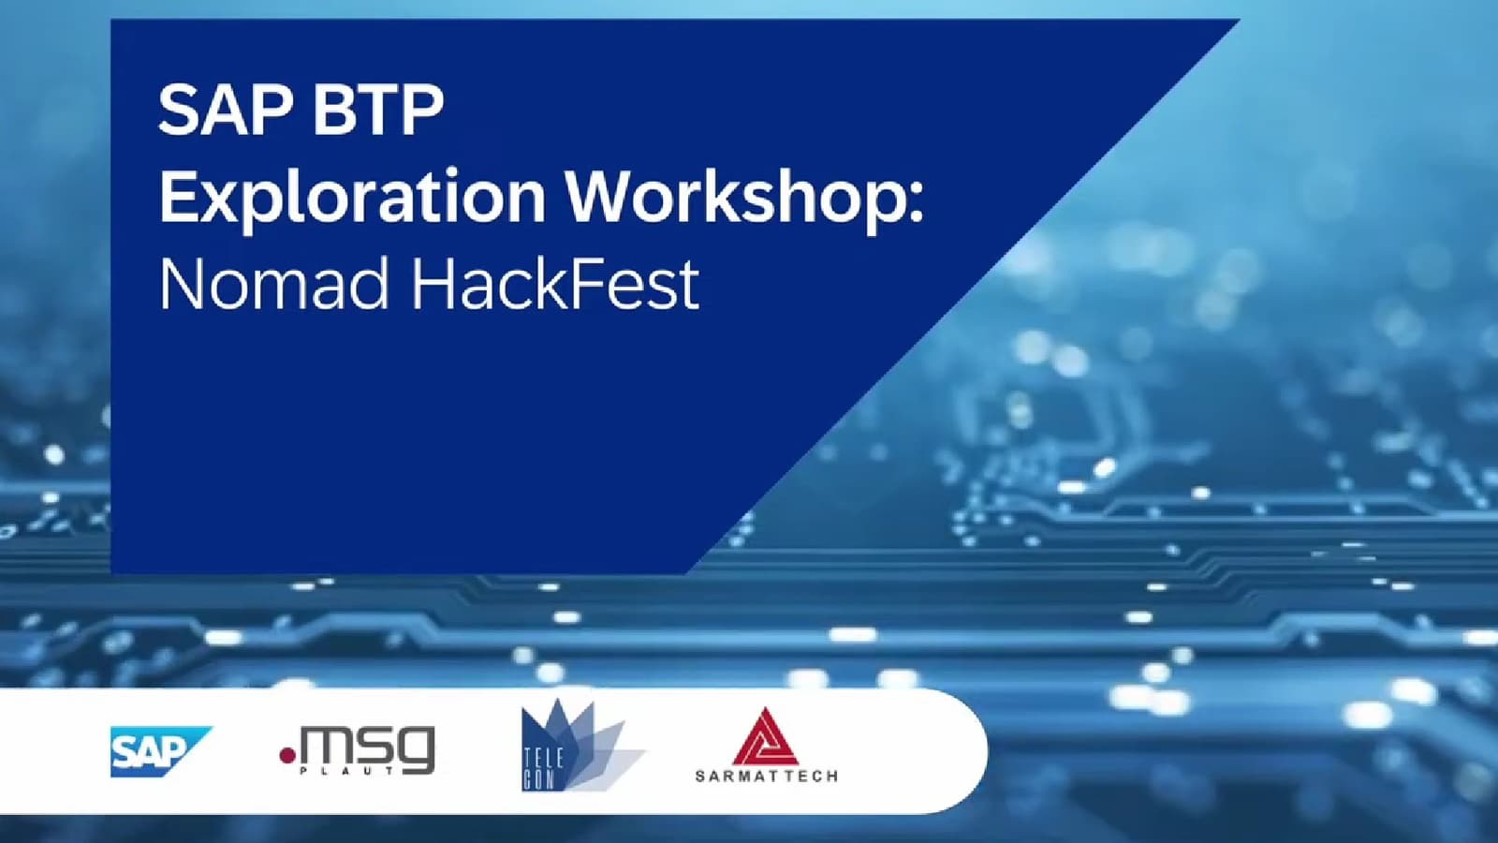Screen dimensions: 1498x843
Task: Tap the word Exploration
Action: [352, 200]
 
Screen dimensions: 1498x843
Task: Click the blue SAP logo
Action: [160, 751]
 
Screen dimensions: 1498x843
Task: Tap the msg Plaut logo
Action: [358, 750]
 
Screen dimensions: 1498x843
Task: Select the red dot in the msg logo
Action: [287, 755]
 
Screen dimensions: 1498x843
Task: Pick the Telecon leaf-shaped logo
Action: [580, 746]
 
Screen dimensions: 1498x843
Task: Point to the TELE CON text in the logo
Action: [543, 769]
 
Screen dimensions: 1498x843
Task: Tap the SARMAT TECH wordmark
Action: [767, 776]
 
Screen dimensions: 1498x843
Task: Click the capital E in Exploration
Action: [177, 196]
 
